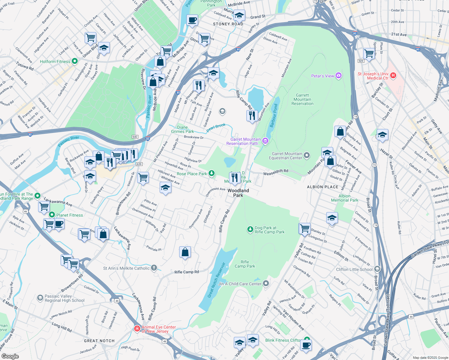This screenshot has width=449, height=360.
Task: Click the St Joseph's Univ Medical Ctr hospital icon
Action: pyautogui.click(x=393, y=75)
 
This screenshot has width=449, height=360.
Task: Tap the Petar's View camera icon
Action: pyautogui.click(x=339, y=76)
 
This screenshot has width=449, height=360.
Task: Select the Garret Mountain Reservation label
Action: pyautogui.click(x=302, y=100)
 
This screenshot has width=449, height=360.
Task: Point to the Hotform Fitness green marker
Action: pyautogui.click(x=75, y=61)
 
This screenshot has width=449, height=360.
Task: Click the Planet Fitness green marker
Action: pyautogui.click(x=52, y=215)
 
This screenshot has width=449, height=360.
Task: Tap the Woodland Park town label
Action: pyautogui.click(x=238, y=193)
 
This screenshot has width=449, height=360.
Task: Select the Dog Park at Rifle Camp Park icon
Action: pyautogui.click(x=250, y=229)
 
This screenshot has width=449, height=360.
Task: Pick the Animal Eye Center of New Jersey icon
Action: pyautogui.click(x=137, y=329)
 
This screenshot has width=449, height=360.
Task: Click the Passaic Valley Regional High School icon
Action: pyautogui.click(x=40, y=298)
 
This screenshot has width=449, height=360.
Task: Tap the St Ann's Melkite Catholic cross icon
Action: pyautogui.click(x=154, y=268)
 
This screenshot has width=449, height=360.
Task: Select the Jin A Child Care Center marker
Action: pyautogui.click(x=266, y=283)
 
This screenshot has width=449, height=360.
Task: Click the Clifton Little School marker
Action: pyautogui.click(x=377, y=269)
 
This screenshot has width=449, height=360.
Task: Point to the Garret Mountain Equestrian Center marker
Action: pyautogui.click(x=306, y=155)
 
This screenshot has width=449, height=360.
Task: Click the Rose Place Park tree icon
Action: pyautogui.click(x=212, y=173)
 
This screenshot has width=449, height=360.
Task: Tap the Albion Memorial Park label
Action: pyautogui.click(x=345, y=198)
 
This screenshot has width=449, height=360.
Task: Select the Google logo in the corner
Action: pyautogui.click(x=10, y=356)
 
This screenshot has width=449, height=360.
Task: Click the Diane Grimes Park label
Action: pyautogui.click(x=182, y=129)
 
